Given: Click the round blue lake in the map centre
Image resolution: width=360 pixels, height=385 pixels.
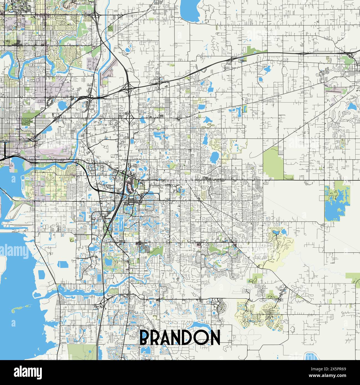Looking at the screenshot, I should tap(214, 157).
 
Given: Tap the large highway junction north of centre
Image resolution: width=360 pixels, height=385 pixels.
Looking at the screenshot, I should tap(128, 88).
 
